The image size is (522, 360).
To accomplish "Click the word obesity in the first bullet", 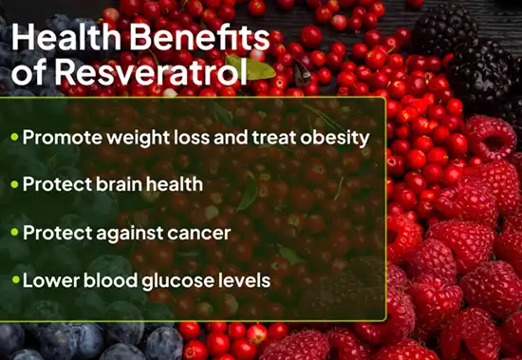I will click(x=334, y=137).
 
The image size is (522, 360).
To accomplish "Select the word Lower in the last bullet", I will click(x=46, y=281).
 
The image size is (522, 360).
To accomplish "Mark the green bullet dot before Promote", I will click(x=14, y=137).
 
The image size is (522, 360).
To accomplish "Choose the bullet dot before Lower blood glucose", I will click(x=14, y=281).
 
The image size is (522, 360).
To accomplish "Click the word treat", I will click(x=275, y=137).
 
